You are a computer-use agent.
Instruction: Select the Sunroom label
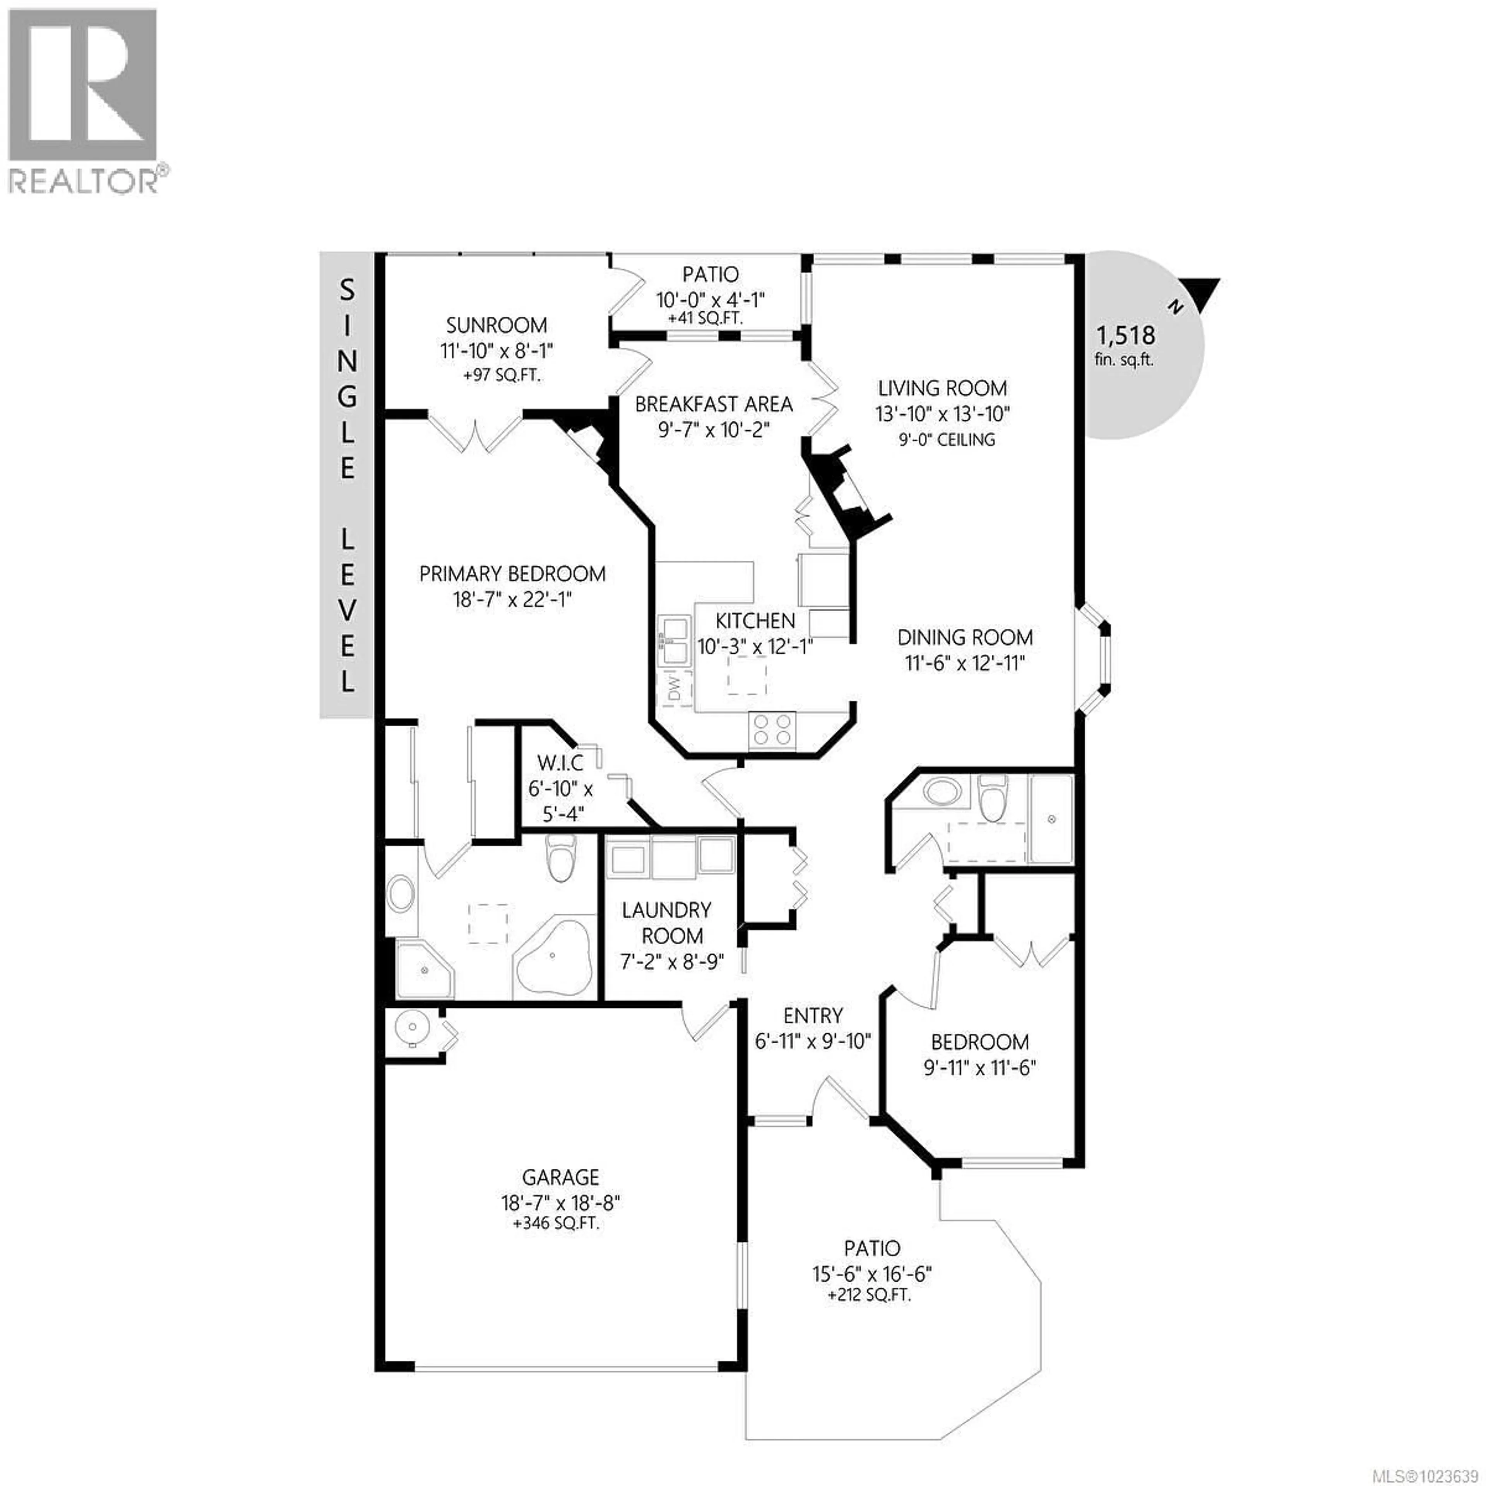point(496,325)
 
